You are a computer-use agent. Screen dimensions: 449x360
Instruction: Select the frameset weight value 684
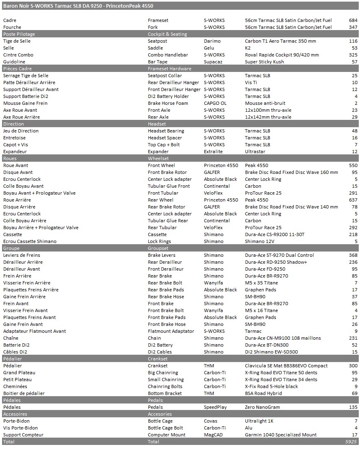click(353, 20)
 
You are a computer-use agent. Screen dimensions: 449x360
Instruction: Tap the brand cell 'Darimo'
click(212, 41)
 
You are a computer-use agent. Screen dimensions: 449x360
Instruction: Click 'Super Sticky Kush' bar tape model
click(264, 62)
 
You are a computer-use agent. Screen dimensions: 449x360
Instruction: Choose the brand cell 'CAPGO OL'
click(215, 103)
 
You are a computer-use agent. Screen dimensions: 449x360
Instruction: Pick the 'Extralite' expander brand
click(213, 152)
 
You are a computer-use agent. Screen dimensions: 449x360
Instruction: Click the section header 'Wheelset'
click(158, 158)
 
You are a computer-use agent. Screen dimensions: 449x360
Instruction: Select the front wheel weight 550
click(353, 165)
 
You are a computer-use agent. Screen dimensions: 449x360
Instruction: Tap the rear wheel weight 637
click(353, 200)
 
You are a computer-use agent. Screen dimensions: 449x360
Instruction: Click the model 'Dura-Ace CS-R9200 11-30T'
click(275, 234)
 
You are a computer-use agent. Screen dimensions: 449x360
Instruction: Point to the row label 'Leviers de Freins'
click(22, 255)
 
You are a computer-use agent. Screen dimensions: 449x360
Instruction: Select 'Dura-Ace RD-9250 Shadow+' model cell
click(276, 262)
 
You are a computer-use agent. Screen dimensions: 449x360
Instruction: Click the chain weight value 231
click(353, 338)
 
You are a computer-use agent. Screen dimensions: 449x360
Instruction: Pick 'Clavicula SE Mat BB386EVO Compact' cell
click(286, 366)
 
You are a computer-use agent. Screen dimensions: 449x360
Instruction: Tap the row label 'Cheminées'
click(15, 386)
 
